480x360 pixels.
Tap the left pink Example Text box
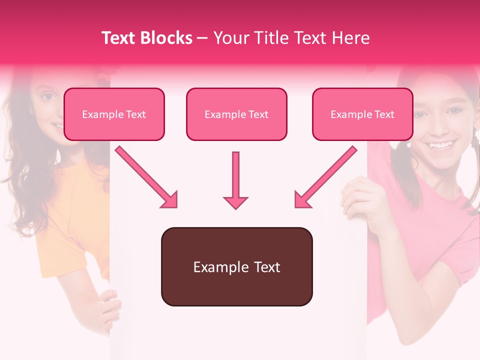coord(114,114)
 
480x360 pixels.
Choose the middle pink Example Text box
coord(236,114)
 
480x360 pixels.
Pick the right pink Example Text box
coord(362,114)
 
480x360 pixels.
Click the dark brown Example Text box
coord(236,267)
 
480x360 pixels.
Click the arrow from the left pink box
coord(147,178)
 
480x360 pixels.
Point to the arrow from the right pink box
coord(325,178)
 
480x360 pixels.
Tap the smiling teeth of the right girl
coord(441,146)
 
